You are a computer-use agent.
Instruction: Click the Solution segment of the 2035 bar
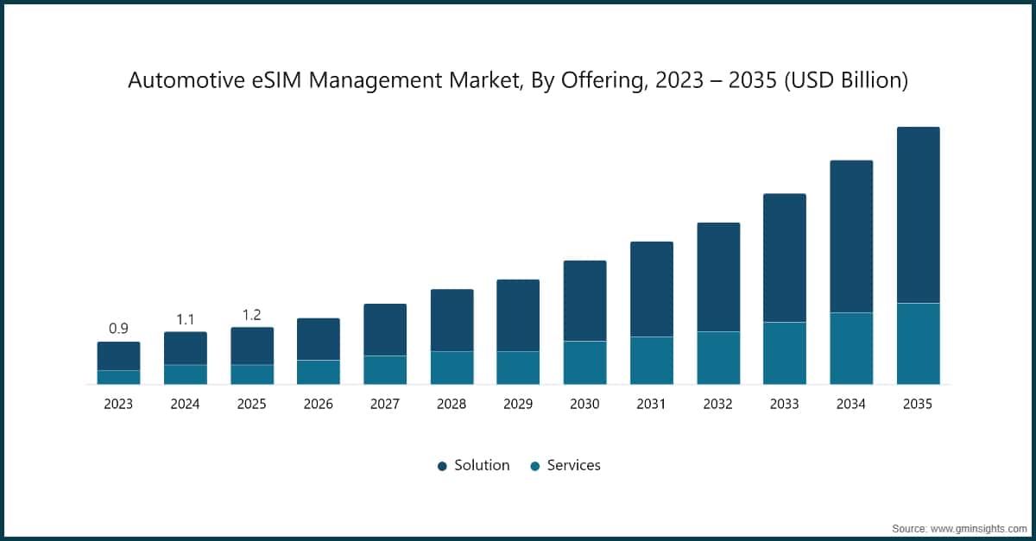pos(918,215)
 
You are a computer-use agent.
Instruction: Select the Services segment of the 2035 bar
pos(918,343)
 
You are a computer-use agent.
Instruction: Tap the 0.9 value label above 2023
pos(118,329)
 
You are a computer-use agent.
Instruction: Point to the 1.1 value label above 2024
pos(185,319)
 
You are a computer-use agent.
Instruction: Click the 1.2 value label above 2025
pos(251,315)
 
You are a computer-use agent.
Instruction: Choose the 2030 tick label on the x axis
pos(584,404)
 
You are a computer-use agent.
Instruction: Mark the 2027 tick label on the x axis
pos(385,404)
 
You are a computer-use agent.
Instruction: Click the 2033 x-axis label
pos(784,404)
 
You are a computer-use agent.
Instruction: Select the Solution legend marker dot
pos(442,466)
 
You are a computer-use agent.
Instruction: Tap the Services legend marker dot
pos(535,466)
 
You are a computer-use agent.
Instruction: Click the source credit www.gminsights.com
pos(978,526)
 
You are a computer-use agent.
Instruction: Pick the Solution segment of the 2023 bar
pos(118,355)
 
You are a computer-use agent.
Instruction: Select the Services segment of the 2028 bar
pos(452,368)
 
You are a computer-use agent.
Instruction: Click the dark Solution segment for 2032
pos(718,277)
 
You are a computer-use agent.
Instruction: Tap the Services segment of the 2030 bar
pos(584,362)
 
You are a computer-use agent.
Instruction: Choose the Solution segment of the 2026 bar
pos(319,339)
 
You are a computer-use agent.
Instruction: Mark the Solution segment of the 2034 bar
pos(851,236)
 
